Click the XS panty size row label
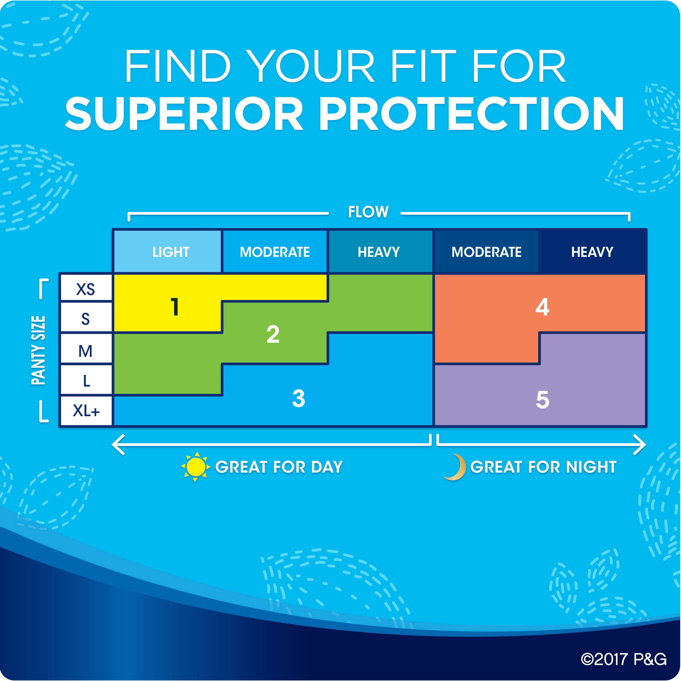point(86,289)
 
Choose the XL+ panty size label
point(86,411)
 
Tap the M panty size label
point(85,351)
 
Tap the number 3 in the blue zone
point(299,399)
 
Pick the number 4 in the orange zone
point(542,307)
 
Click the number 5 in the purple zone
point(542,400)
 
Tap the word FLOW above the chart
point(368,212)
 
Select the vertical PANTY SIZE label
point(38,350)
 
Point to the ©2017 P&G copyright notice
point(624,659)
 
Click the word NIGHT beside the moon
point(591,467)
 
